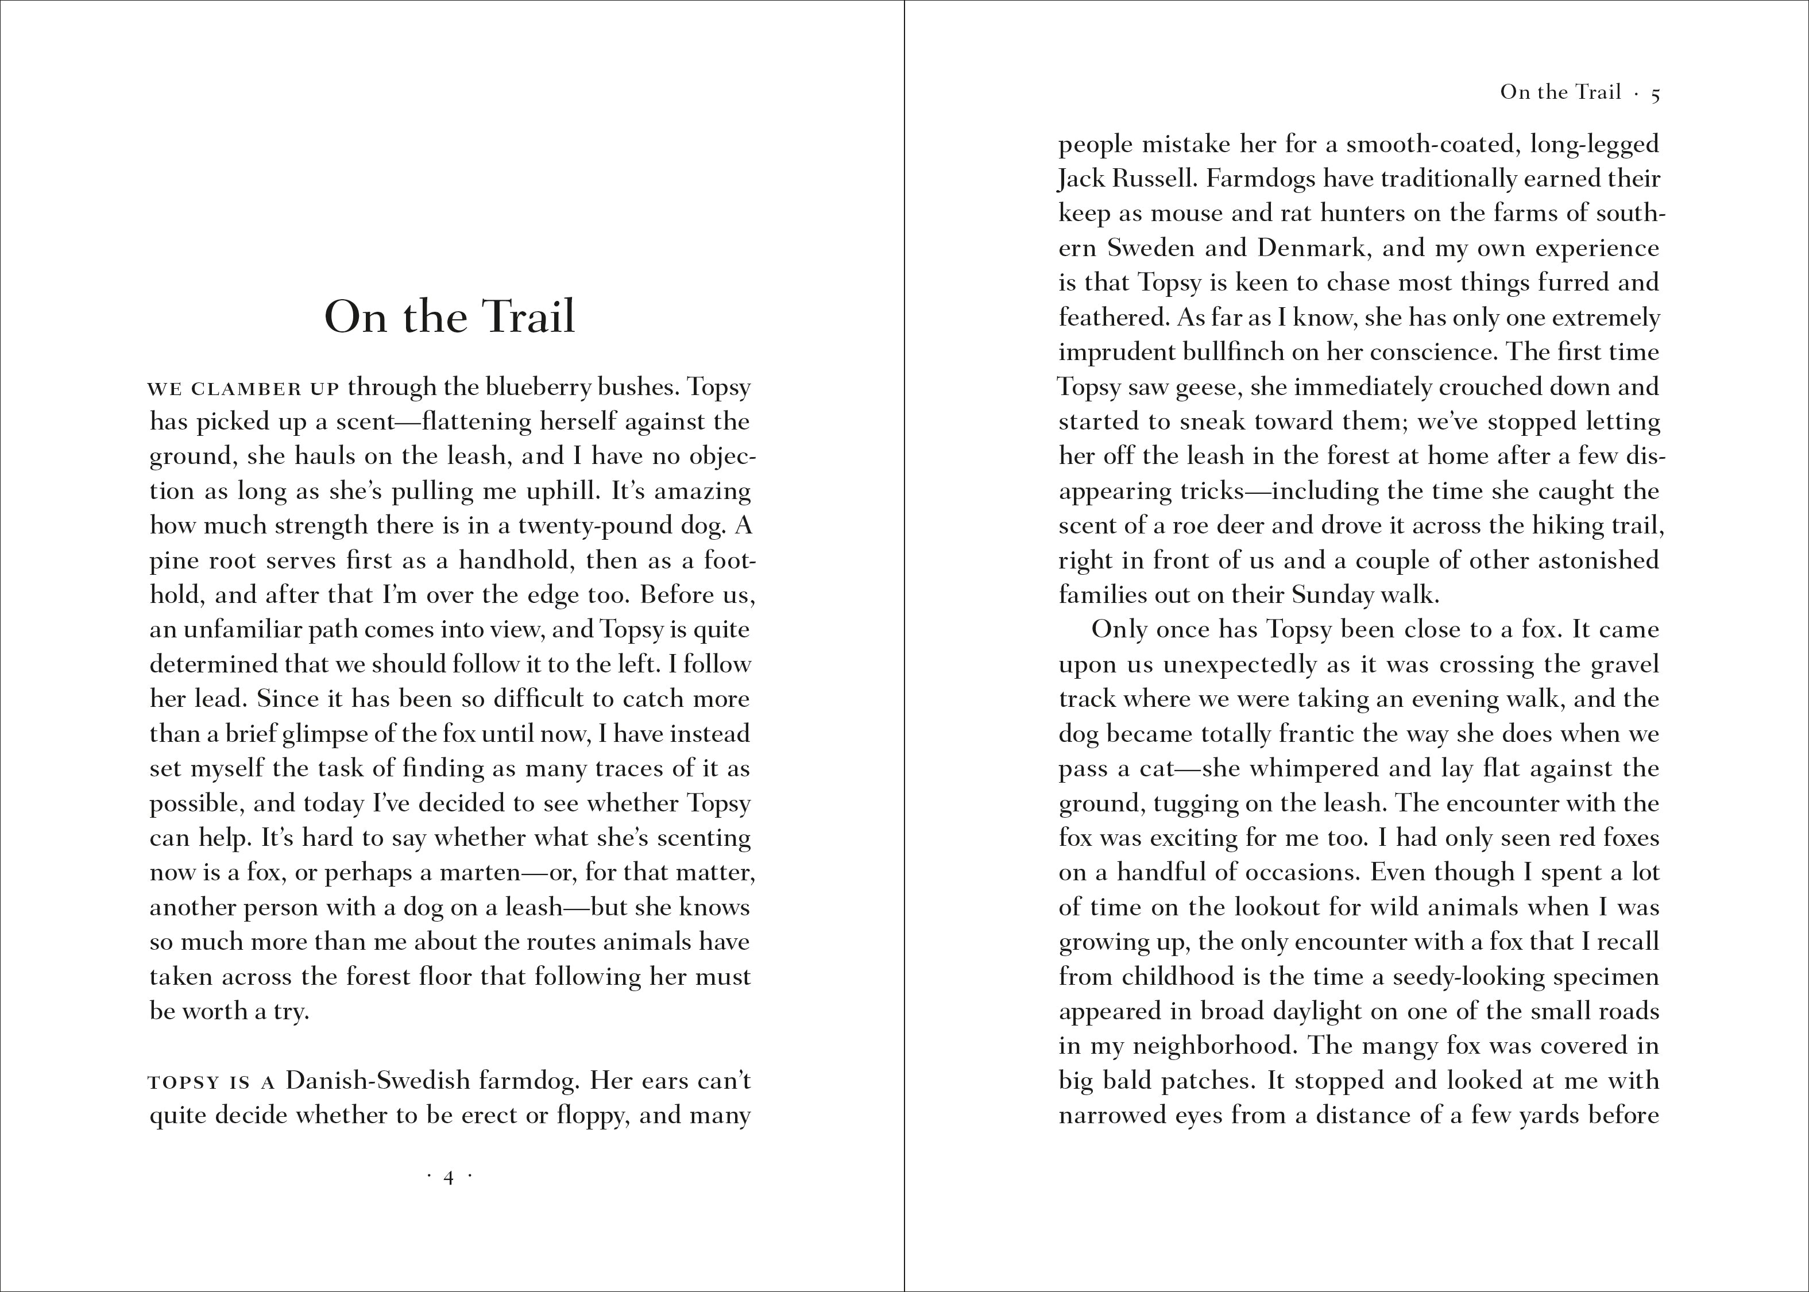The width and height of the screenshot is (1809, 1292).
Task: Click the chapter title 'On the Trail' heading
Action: pyautogui.click(x=450, y=316)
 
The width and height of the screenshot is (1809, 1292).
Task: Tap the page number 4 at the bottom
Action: pyautogui.click(x=449, y=1178)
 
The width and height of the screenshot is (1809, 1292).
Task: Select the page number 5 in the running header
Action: pyautogui.click(x=1656, y=94)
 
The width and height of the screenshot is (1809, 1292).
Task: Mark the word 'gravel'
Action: pyautogui.click(x=1625, y=665)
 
